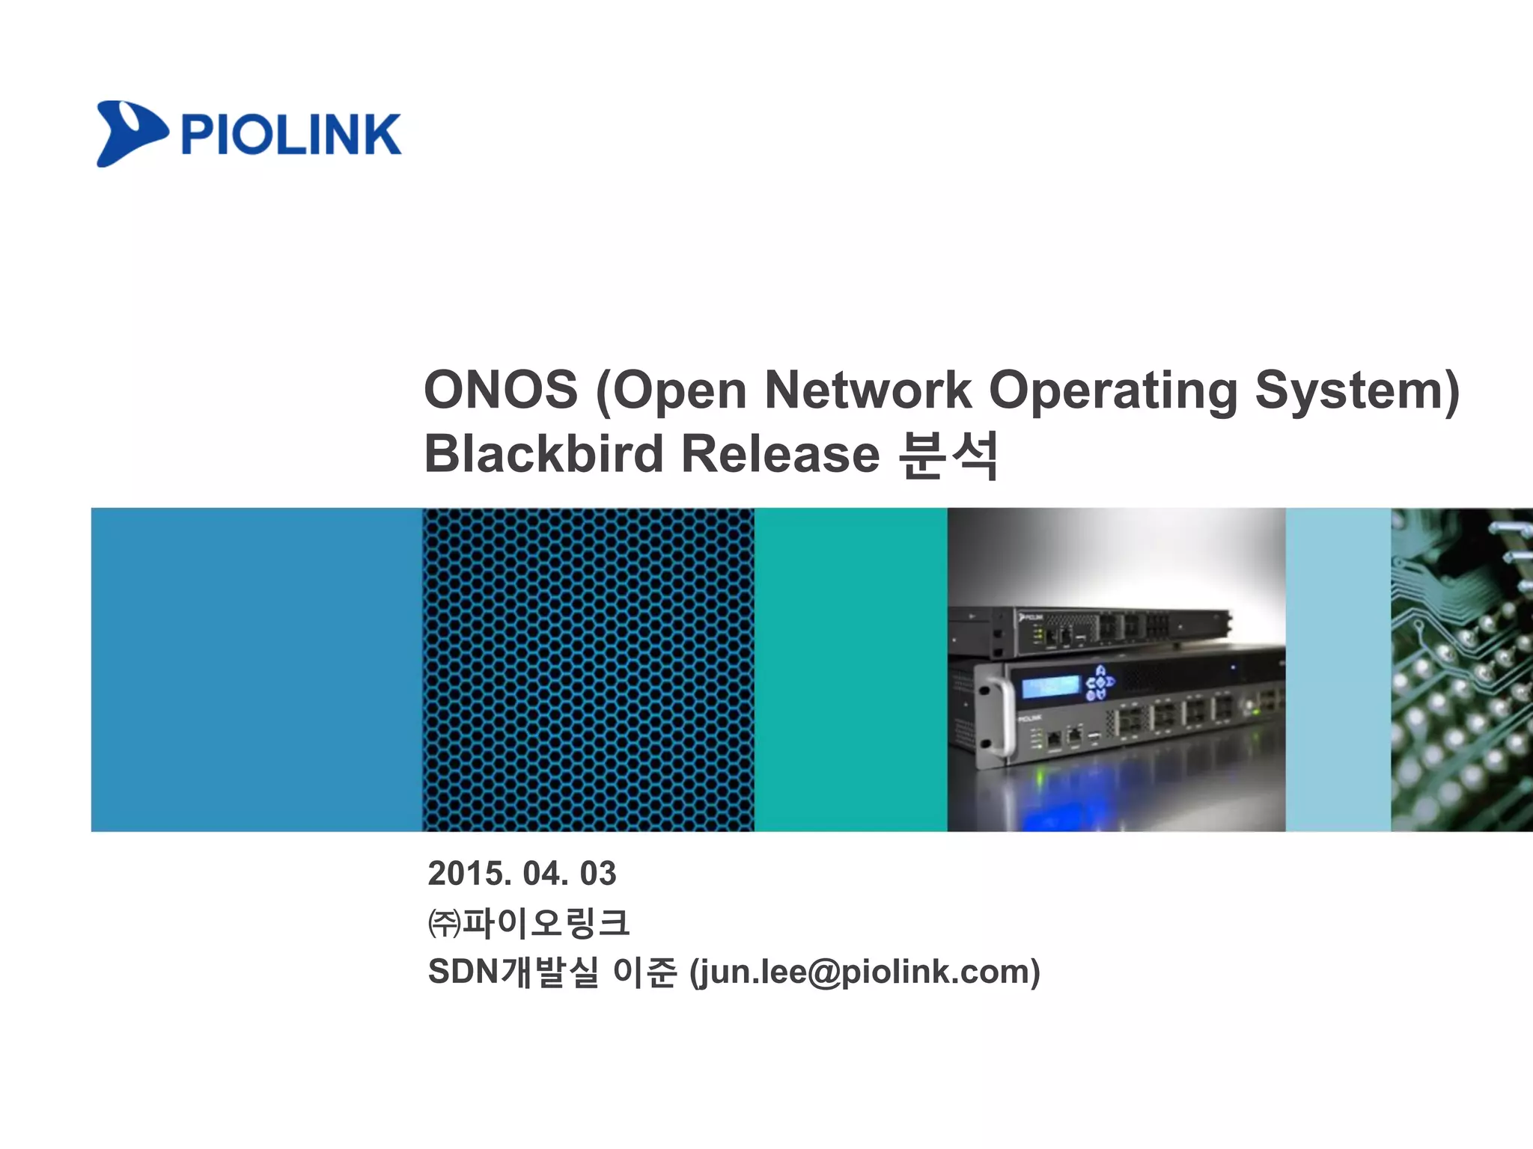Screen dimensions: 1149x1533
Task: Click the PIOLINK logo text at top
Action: pyautogui.click(x=290, y=135)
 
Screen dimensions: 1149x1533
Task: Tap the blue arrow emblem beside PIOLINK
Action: pyautogui.click(x=129, y=133)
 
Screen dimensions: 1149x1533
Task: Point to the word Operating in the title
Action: pyautogui.click(x=1112, y=390)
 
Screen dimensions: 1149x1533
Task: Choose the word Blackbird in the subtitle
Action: pyautogui.click(x=543, y=454)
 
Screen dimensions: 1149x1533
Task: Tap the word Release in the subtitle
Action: pyautogui.click(x=780, y=454)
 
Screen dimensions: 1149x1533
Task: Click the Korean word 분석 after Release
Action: pyautogui.click(x=948, y=454)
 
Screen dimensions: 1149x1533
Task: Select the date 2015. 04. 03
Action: pyautogui.click(x=522, y=874)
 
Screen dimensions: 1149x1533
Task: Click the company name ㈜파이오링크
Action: pyautogui.click(x=528, y=922)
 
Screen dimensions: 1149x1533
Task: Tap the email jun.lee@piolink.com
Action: pyautogui.click(x=865, y=972)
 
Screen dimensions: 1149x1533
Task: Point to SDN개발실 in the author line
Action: pyautogui.click(x=513, y=972)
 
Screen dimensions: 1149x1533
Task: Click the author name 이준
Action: pyautogui.click(x=644, y=972)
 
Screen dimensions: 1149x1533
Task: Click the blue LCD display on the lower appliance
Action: pyautogui.click(x=1049, y=687)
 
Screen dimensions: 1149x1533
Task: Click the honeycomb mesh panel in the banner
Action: pyautogui.click(x=588, y=670)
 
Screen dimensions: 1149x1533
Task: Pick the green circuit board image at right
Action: pyautogui.click(x=1461, y=670)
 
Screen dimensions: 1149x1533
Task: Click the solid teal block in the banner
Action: pyautogui.click(x=850, y=670)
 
